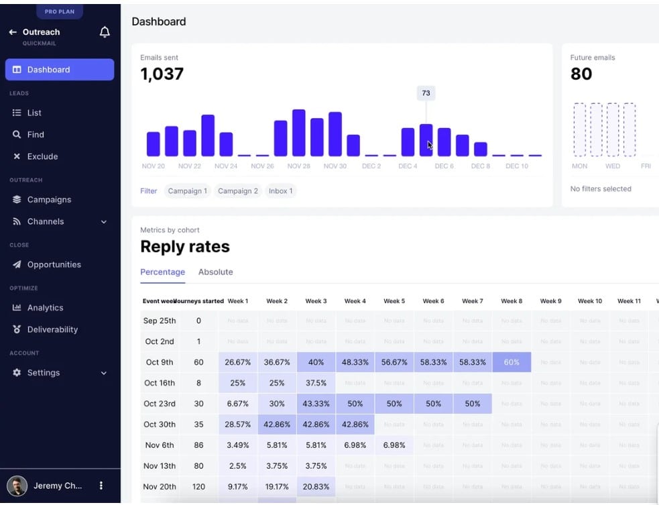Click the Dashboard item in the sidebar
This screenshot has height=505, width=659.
(59, 70)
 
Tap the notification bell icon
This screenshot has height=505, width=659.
(105, 32)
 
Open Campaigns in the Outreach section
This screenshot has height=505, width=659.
(48, 200)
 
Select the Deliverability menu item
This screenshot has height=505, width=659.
(52, 329)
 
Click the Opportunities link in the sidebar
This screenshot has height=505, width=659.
(54, 265)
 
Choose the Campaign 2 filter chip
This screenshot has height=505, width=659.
(237, 191)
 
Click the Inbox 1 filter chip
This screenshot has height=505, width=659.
(280, 191)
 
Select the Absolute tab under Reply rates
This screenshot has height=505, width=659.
(215, 272)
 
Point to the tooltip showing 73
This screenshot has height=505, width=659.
(426, 93)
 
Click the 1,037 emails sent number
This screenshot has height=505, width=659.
(162, 74)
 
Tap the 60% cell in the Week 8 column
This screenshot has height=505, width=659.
(511, 362)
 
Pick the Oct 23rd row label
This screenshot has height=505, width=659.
(160, 404)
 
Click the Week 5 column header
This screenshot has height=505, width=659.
(394, 301)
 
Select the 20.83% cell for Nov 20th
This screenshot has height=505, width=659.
(316, 487)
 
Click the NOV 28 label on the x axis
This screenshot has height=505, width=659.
(298, 166)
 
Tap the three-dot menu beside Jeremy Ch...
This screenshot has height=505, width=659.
(101, 486)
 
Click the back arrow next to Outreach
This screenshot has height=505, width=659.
(13, 32)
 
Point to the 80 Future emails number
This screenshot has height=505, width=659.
(581, 74)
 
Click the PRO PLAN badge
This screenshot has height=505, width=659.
(60, 11)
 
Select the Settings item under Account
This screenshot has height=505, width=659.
(44, 373)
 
